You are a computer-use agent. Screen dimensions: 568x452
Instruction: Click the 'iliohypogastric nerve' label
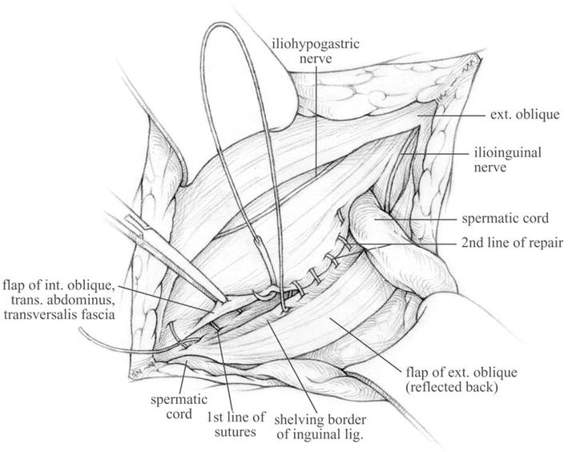316,51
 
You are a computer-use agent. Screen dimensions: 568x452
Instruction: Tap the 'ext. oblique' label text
525,115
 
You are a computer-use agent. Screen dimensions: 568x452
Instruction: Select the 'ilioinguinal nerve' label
507,159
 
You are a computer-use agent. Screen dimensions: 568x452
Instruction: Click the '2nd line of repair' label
512,243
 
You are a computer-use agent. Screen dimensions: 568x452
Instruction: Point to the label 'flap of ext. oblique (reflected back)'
461,380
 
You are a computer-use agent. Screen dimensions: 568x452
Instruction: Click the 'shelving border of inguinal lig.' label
320,427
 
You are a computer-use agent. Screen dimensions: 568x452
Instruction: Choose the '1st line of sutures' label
236,425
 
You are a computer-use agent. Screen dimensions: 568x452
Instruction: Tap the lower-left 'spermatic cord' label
179,406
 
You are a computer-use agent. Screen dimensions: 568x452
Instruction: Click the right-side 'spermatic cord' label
505,219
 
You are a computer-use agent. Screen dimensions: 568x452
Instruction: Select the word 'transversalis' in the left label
38,314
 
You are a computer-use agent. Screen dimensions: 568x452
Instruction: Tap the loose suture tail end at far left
80,329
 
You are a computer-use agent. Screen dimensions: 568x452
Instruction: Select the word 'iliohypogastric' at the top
316,44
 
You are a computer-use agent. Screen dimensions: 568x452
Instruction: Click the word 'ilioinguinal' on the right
507,152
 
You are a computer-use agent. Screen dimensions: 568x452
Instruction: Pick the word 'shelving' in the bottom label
299,421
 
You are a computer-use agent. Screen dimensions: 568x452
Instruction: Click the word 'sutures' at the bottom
236,432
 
